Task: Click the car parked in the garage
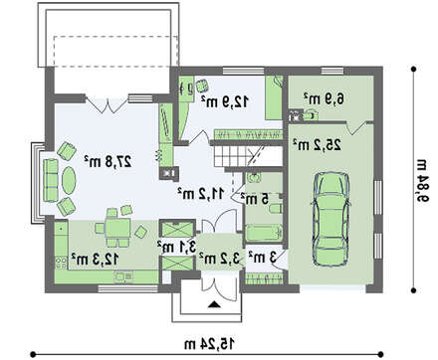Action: [330, 219]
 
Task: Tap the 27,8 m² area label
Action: [109, 161]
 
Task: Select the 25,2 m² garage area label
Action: [317, 144]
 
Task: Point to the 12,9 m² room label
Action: [225, 100]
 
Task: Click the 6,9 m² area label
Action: [324, 98]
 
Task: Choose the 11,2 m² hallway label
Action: [201, 193]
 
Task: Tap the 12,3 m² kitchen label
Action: [95, 259]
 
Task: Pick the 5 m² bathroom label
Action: [255, 199]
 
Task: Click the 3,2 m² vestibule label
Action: [220, 258]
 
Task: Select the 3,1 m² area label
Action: [177, 247]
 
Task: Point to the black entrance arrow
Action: [214, 304]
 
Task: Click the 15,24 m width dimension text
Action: [209, 343]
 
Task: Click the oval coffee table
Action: [69, 180]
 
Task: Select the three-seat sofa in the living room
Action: [51, 180]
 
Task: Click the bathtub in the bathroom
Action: [265, 233]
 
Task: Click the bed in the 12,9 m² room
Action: [274, 97]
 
